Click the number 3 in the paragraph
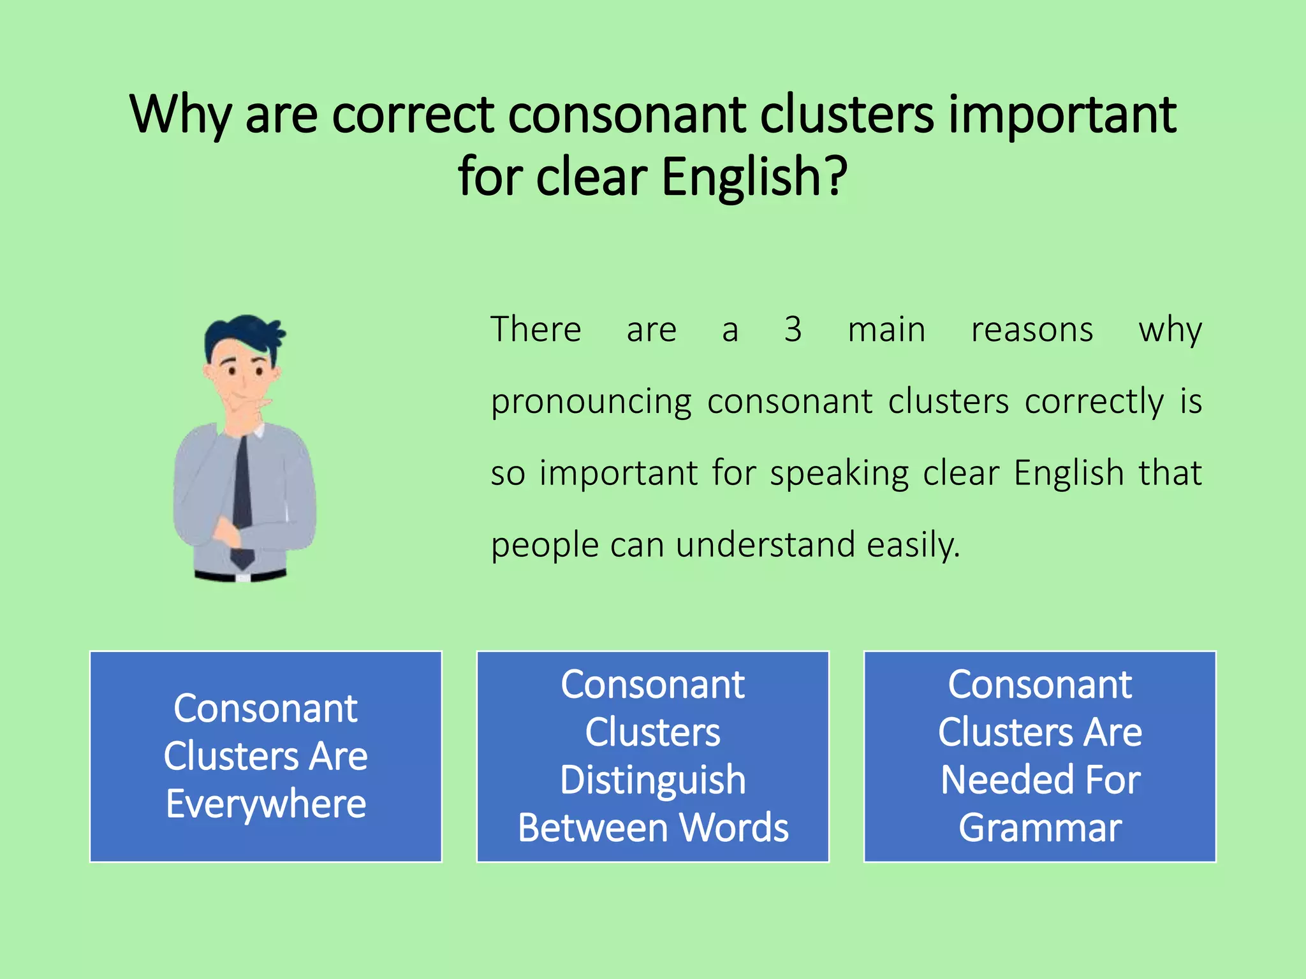point(793,330)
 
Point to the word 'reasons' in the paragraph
point(1032,330)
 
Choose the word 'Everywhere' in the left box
point(266,804)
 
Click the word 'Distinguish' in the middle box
point(653,780)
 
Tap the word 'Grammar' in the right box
point(1040,828)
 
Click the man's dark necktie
point(242,491)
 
